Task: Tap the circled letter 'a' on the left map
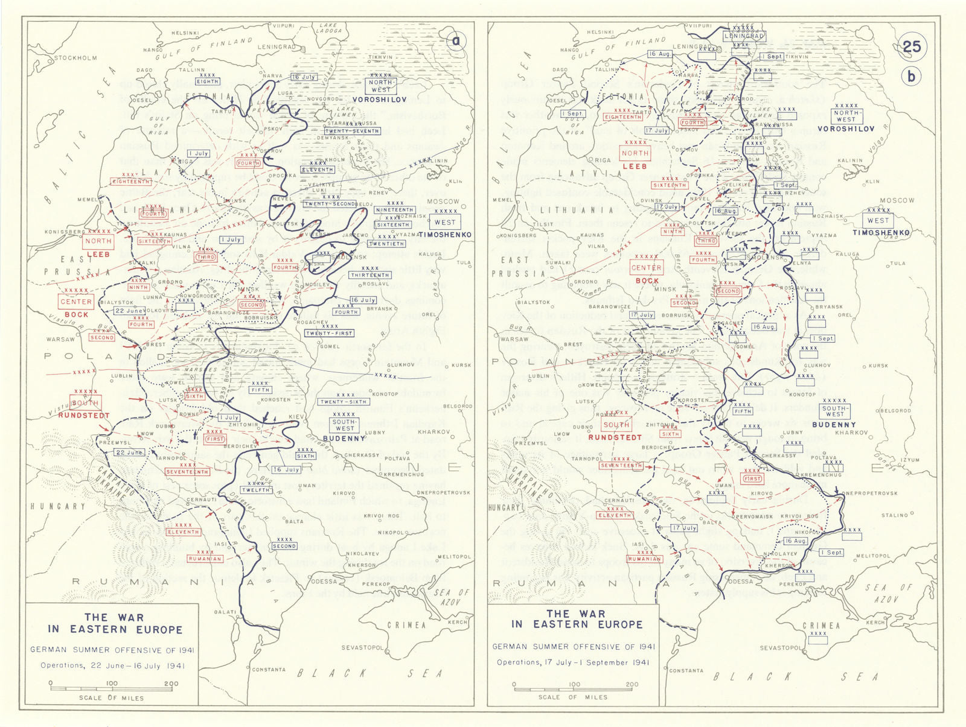tap(457, 41)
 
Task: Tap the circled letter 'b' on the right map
tap(911, 77)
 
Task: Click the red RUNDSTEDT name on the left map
tap(83, 416)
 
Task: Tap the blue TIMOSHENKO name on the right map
tap(881, 232)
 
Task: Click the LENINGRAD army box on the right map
tap(744, 36)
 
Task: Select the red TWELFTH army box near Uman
tap(255, 490)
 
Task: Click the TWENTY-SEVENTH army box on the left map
tap(352, 131)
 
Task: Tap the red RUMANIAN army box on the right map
tap(644, 559)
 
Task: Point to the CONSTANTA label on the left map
tap(269, 669)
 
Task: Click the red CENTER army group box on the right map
tap(647, 268)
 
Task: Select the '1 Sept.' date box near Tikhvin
tap(772, 56)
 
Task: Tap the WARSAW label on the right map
tap(514, 339)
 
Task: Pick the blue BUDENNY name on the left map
tap(344, 439)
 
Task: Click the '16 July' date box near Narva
tap(304, 77)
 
